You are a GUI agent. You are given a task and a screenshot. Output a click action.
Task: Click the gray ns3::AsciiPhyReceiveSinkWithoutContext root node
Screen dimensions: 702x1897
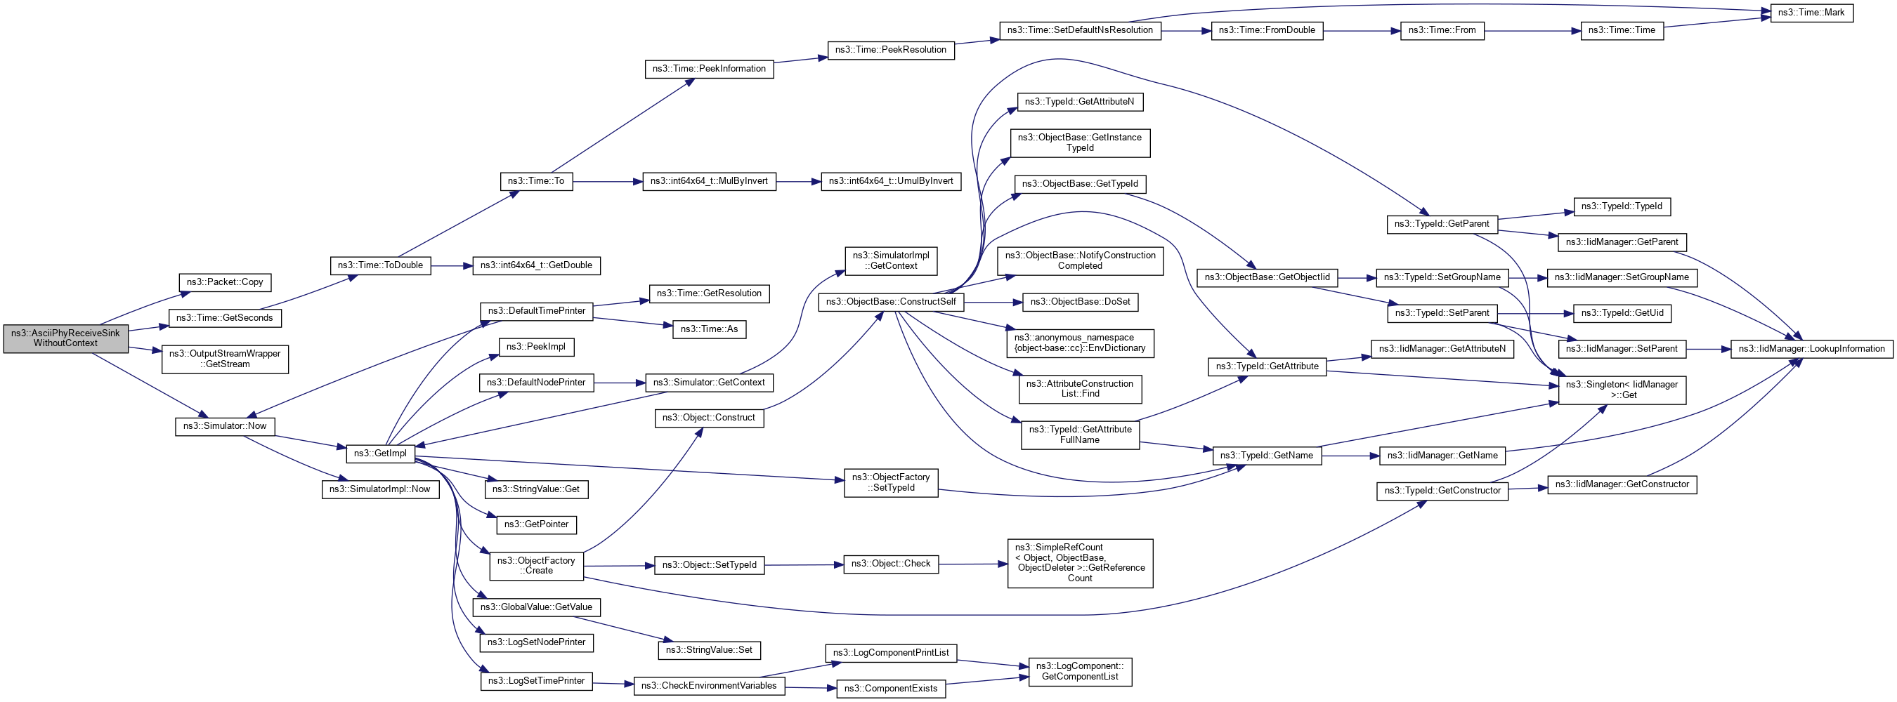[x=65, y=338]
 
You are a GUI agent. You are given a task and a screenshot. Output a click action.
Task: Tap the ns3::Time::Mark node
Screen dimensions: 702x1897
[x=1811, y=13]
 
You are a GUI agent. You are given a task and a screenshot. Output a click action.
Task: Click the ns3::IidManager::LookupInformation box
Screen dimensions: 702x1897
[x=1811, y=349]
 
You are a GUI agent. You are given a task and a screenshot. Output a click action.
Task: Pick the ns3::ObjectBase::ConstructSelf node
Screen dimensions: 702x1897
[x=890, y=302]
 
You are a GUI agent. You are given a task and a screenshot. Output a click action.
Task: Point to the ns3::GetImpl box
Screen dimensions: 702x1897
[x=380, y=453]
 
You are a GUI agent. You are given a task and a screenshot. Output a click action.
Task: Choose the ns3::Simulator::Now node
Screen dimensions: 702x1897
[x=225, y=426]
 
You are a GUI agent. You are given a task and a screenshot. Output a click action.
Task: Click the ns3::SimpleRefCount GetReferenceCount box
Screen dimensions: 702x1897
[x=1080, y=563]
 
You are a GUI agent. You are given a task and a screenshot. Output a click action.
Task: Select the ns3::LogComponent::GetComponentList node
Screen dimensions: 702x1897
[x=1080, y=671]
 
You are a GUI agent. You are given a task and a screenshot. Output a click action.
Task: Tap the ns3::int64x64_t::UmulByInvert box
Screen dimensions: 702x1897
[x=890, y=181]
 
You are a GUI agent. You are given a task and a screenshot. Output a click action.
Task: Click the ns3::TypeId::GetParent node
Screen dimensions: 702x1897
[x=1441, y=224]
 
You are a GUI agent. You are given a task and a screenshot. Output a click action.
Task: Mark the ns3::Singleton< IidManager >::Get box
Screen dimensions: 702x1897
[x=1622, y=390]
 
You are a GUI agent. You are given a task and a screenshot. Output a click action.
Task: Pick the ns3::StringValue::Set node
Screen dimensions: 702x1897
[x=708, y=650]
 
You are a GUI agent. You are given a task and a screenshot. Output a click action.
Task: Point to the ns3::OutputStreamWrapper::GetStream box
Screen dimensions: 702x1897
[x=225, y=359]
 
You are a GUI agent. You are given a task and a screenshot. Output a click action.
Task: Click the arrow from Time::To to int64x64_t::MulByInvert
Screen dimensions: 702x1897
[x=608, y=181]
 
